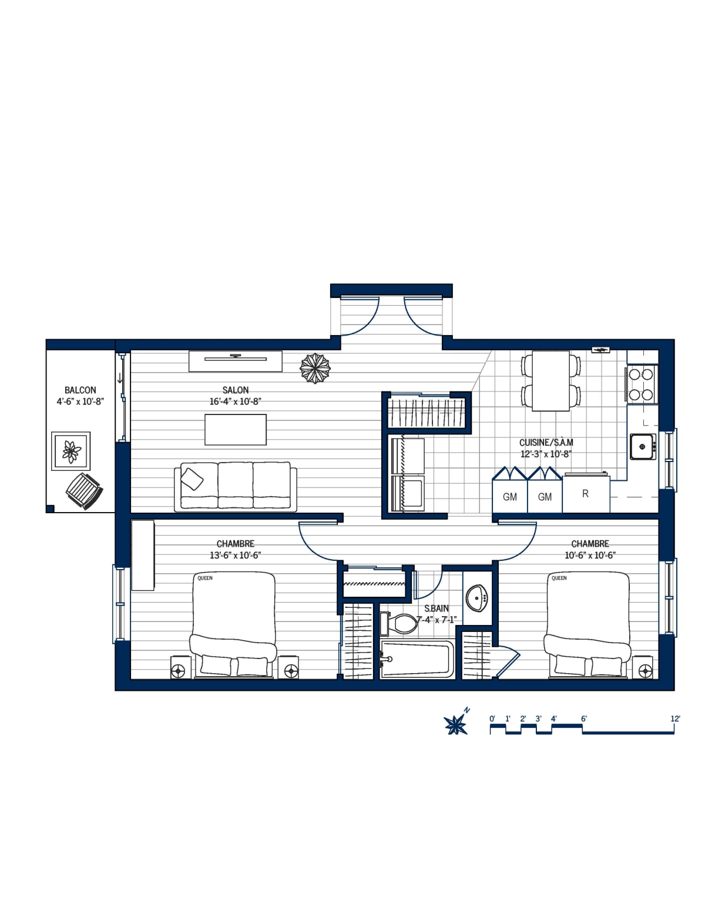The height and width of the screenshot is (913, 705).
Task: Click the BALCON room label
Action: pos(80,390)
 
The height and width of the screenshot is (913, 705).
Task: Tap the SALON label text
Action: pos(235,390)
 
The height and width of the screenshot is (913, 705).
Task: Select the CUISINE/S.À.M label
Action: pos(546,443)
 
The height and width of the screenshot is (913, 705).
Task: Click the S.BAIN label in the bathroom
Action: pos(437,608)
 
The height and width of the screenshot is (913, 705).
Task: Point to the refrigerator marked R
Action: pos(586,494)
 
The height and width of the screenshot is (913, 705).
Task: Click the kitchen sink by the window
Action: pos(643,447)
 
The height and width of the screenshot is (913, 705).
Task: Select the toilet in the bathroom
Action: pos(399,624)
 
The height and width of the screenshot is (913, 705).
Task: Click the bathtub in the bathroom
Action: pos(417,659)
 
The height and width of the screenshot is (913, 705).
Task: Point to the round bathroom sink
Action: pos(477,598)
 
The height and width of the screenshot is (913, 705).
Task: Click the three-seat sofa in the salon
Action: pos(235,486)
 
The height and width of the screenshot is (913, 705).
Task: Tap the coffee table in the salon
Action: pos(235,430)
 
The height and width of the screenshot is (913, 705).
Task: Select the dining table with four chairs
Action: pos(550,381)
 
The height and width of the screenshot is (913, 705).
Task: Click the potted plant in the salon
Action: pos(315,369)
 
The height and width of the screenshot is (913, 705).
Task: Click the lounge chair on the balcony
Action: pos(83,490)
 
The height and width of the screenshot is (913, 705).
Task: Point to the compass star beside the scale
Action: pos(456,725)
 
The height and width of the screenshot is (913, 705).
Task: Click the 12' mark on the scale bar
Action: pos(674,719)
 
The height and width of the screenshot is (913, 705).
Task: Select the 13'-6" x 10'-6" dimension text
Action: pos(235,556)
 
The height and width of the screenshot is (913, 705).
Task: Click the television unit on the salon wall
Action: pos(235,361)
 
